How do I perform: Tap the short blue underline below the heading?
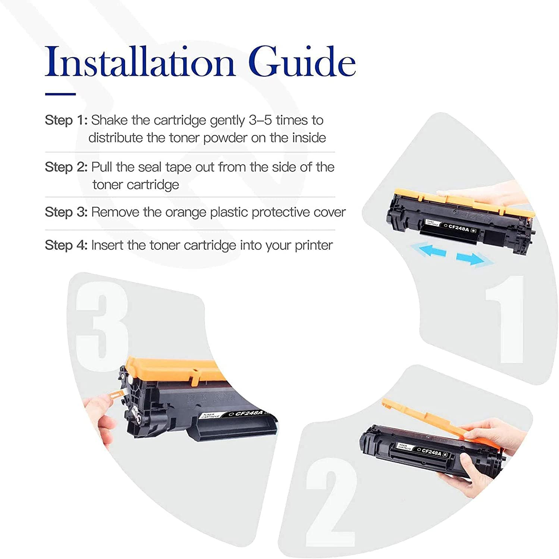coord(60,94)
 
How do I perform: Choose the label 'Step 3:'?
coord(66,212)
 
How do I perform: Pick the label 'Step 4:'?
coord(66,246)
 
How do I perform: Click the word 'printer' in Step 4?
coord(314,246)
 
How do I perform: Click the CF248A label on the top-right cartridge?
coord(459,227)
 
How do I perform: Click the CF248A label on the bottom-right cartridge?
coord(432,452)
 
